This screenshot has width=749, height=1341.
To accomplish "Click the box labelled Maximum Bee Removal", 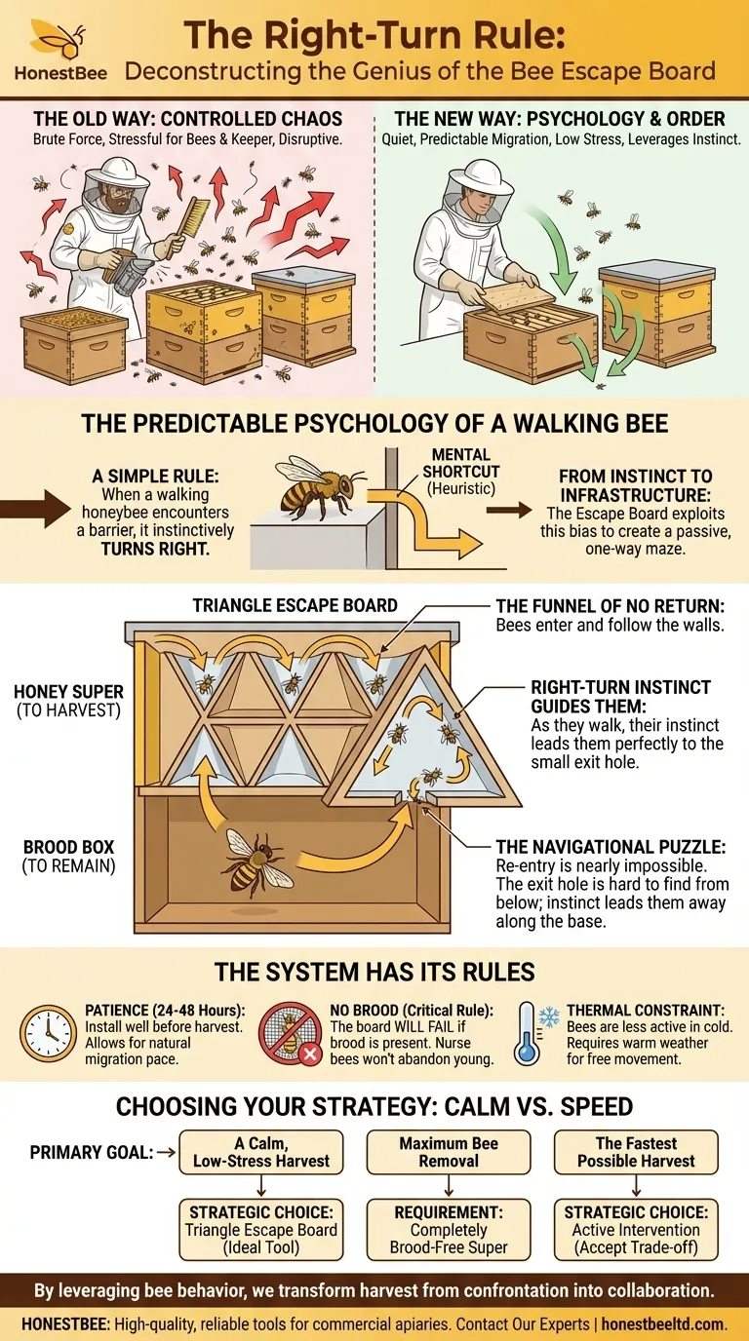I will pyautogui.click(x=450, y=1151).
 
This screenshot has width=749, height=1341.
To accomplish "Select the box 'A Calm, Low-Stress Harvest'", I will pyautogui.click(x=261, y=1151).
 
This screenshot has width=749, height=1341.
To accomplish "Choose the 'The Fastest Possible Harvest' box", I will pyautogui.click(x=635, y=1151).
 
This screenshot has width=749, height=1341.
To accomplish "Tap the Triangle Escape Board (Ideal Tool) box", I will pyautogui.click(x=260, y=1230).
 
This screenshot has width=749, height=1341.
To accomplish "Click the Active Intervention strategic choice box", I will pyautogui.click(x=635, y=1230).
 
